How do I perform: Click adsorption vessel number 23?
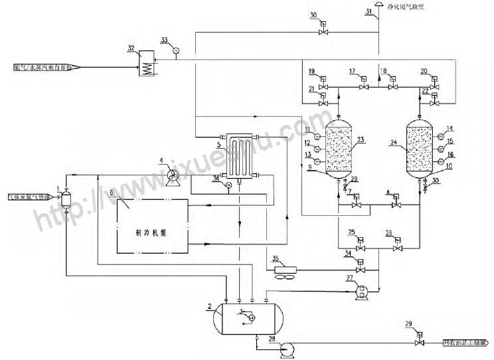pyautogui.click(x=340, y=148)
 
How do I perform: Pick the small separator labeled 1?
pyautogui.click(x=65, y=199)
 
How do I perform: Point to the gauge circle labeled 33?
pyautogui.click(x=176, y=50)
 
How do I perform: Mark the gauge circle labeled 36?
pyautogui.click(x=227, y=185)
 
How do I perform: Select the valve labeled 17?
pyautogui.click(x=363, y=87)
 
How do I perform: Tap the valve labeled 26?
pyautogui.click(x=397, y=248)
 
